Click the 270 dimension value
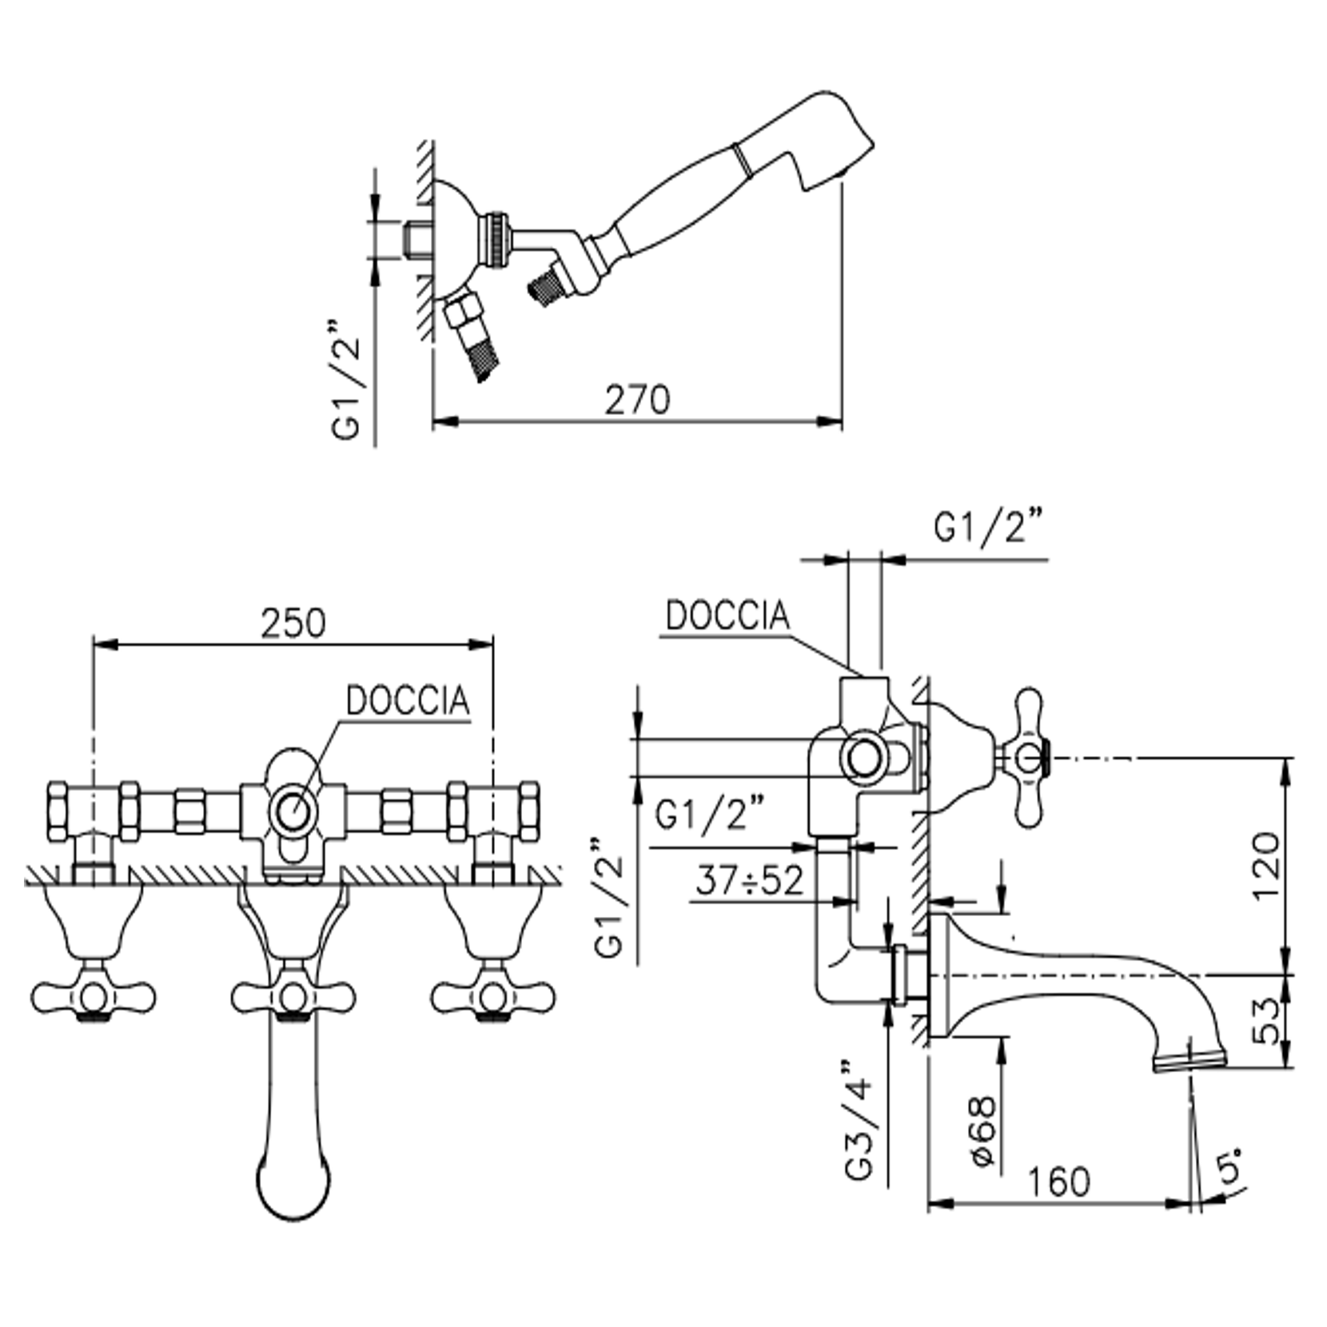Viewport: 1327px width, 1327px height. coord(636,400)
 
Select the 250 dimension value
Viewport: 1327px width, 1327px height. coord(293,624)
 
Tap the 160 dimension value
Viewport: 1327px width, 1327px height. coord(1058,1182)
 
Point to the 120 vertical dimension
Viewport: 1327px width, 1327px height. coord(1265,866)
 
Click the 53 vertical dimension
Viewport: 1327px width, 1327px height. coord(1265,1021)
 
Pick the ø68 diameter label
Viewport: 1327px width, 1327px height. coord(984,1131)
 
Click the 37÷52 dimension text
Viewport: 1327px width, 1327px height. coord(748,881)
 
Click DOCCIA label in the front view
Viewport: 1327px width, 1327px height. coord(407,701)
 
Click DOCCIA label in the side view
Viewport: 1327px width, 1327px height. coord(727,616)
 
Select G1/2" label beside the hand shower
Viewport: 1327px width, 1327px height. coord(346,380)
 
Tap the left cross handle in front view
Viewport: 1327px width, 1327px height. coord(94,996)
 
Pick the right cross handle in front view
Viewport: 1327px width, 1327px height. coord(492,996)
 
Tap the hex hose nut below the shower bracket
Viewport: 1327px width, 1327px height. coord(463,311)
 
